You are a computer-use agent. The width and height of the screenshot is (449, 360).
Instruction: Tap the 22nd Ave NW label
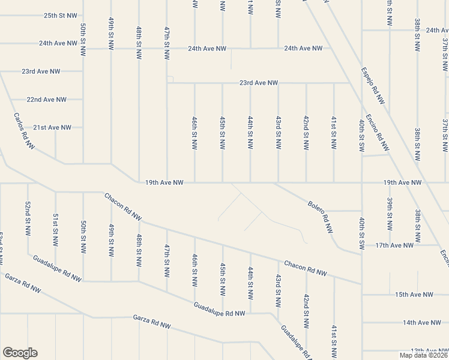pos(46,100)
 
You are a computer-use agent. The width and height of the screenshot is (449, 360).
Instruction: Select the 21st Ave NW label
pos(52,128)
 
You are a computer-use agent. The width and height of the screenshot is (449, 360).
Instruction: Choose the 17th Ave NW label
pos(394,245)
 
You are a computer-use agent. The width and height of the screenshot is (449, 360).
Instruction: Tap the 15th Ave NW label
pos(414,295)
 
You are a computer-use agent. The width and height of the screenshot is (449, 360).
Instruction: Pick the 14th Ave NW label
pos(422,323)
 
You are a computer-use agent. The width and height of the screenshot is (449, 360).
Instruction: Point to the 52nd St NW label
pos(28,218)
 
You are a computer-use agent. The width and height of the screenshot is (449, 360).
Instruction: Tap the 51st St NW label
pos(55,229)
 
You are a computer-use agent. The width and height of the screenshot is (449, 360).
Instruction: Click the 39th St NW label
pos(390,214)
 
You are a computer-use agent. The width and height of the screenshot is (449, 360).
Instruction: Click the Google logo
pos(20,353)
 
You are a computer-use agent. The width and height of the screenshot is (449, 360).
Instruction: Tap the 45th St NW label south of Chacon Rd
pos(223,279)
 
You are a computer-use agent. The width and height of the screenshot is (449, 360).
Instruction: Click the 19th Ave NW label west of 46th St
pos(169,182)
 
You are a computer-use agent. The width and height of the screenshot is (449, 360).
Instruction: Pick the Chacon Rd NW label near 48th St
pos(122,206)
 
